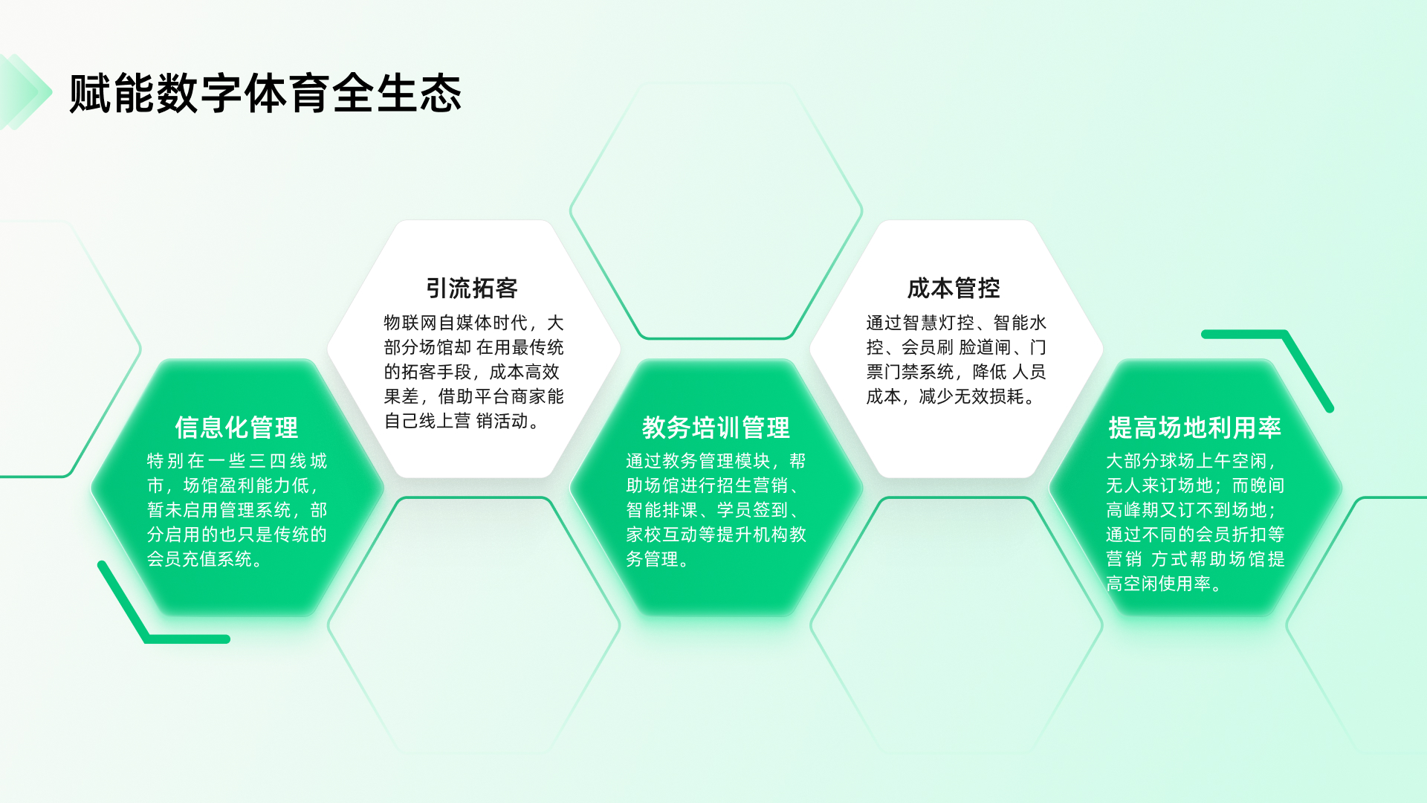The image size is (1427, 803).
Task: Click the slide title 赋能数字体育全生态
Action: (265, 94)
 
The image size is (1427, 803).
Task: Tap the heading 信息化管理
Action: (236, 428)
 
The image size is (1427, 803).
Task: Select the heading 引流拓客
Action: (472, 288)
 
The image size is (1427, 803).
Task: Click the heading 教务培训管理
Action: (716, 428)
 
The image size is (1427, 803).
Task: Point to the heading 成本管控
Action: (954, 288)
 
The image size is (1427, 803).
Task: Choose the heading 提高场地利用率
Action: (1194, 428)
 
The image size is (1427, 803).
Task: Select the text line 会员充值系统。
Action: (204, 559)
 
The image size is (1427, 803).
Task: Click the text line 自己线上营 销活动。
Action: (462, 421)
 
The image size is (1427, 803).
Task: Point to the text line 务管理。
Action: (657, 559)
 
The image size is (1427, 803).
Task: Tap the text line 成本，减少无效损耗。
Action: (951, 396)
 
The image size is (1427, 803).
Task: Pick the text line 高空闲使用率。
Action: (1163, 584)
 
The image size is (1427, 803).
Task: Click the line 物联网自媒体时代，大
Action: (473, 323)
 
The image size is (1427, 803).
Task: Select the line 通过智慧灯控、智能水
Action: (956, 323)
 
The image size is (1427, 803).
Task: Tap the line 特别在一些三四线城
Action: (236, 461)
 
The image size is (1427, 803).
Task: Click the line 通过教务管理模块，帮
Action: (716, 461)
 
